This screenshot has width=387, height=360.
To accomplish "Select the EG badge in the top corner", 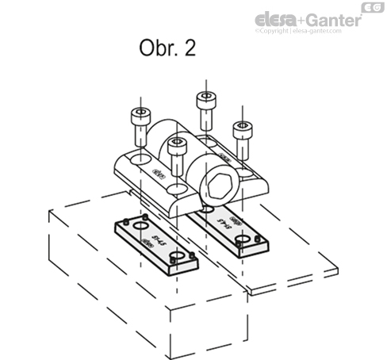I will (x=369, y=7).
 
